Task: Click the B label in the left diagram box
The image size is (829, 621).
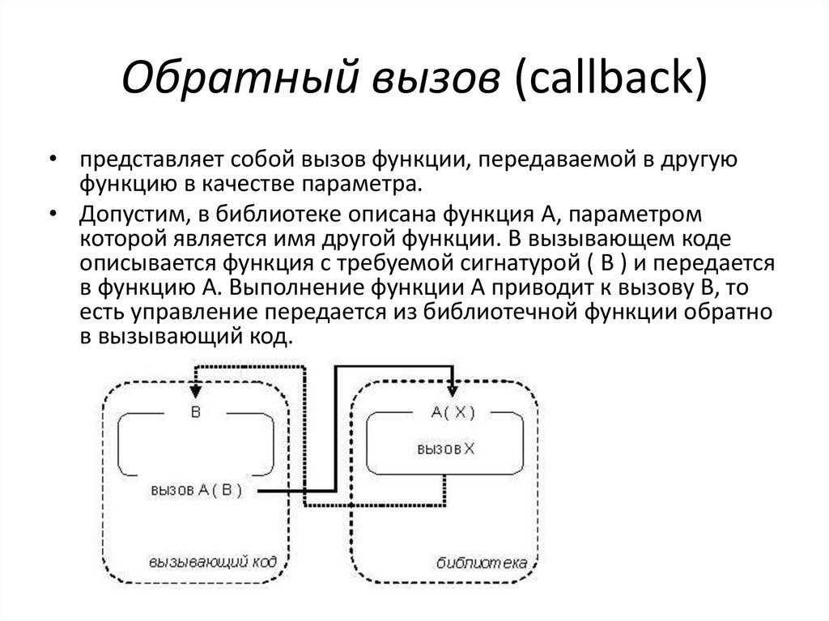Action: click(x=195, y=410)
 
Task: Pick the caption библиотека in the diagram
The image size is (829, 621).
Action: click(x=481, y=561)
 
